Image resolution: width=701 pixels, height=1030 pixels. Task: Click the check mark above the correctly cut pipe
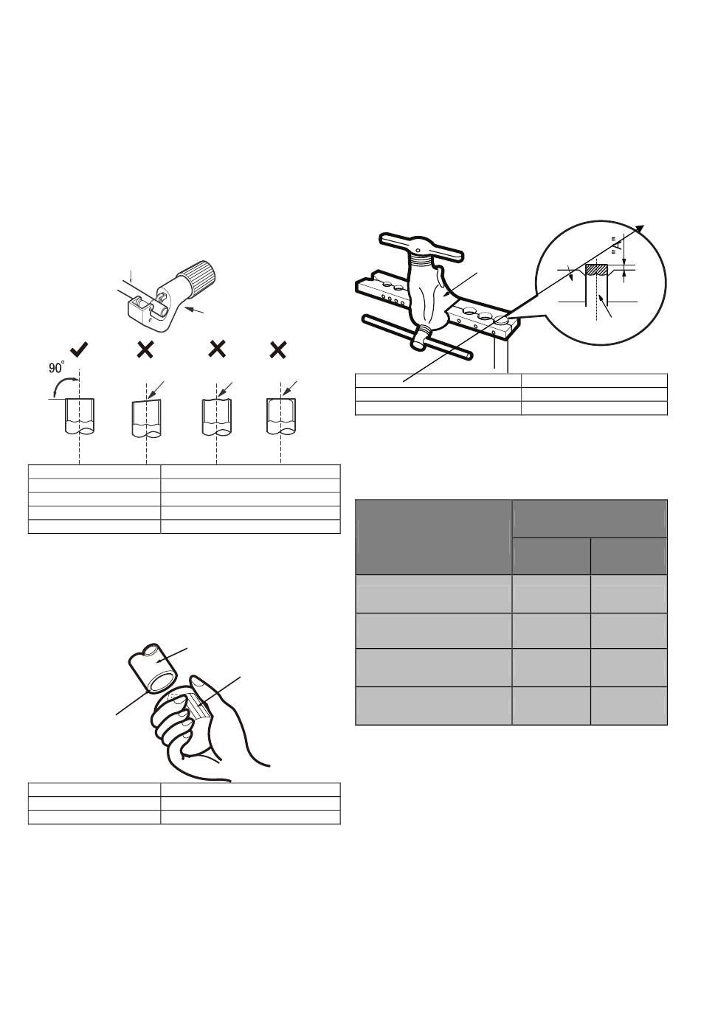(x=79, y=350)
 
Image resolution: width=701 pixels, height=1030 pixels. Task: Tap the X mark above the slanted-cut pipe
(x=145, y=350)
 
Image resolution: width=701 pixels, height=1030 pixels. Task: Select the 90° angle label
(x=57, y=367)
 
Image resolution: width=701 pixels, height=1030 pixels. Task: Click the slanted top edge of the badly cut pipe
(x=146, y=401)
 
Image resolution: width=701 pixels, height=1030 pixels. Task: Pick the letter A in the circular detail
(x=620, y=245)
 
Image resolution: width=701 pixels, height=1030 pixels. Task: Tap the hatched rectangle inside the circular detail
(x=597, y=270)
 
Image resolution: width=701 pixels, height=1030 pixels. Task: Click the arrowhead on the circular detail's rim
(x=640, y=228)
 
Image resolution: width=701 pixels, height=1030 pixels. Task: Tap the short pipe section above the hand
(x=153, y=669)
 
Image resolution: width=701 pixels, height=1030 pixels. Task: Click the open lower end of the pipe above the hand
(x=162, y=683)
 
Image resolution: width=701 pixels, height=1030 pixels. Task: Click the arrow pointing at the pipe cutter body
(x=194, y=310)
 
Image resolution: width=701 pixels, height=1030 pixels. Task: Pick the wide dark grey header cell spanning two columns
(x=589, y=518)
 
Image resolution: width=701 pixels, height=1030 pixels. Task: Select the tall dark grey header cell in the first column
(x=434, y=537)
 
